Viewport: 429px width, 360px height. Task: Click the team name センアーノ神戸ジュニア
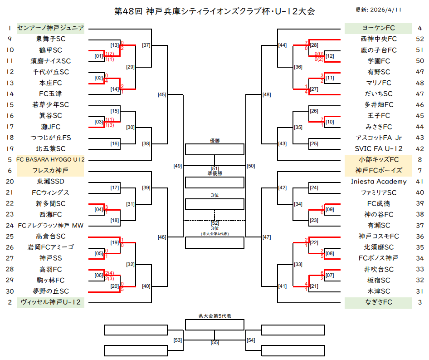click(50, 28)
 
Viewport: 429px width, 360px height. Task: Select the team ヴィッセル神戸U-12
click(50, 302)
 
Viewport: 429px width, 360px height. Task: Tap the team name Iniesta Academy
click(379, 182)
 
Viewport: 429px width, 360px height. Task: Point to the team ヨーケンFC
click(379, 28)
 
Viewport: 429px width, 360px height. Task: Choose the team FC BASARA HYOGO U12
click(50, 160)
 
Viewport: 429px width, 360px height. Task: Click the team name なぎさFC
click(379, 302)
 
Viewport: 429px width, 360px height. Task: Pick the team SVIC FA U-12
click(379, 149)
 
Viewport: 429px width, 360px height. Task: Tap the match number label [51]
click(214, 169)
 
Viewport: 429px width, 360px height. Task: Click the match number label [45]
click(162, 94)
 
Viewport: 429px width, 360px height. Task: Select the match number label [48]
click(267, 94)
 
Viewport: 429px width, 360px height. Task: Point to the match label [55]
click(214, 343)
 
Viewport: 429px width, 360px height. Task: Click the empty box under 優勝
click(214, 149)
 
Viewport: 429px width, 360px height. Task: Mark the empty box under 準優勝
click(214, 182)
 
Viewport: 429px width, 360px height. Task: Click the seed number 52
click(419, 39)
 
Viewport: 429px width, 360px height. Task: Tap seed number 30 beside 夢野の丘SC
click(10, 291)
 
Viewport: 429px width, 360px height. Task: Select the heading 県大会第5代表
click(214, 316)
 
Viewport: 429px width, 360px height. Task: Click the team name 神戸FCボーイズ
click(379, 171)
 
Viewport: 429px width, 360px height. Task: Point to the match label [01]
click(99, 56)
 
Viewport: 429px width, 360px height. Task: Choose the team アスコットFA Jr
click(379, 138)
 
